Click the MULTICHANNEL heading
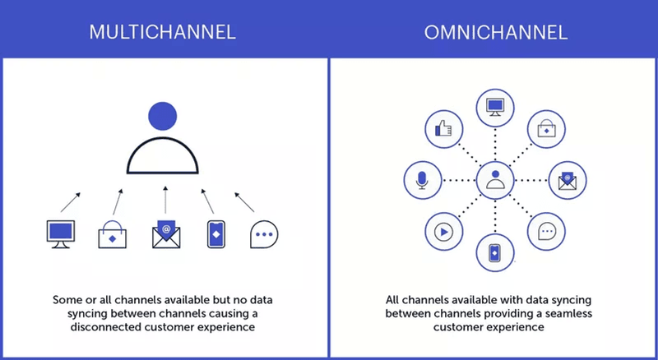point(164,33)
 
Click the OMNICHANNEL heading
point(493,33)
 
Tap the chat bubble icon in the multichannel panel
point(264,235)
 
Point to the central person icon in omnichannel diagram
point(493,179)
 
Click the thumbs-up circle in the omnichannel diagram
point(442,128)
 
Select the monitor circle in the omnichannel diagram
point(493,107)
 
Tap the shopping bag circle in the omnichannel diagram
point(545,128)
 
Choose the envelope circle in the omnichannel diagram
point(566,179)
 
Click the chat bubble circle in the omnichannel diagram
point(545,231)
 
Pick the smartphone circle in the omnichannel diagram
point(493,252)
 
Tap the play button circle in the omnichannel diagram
point(442,231)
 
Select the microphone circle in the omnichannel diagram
point(421,179)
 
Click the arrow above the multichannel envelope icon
point(165,201)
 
